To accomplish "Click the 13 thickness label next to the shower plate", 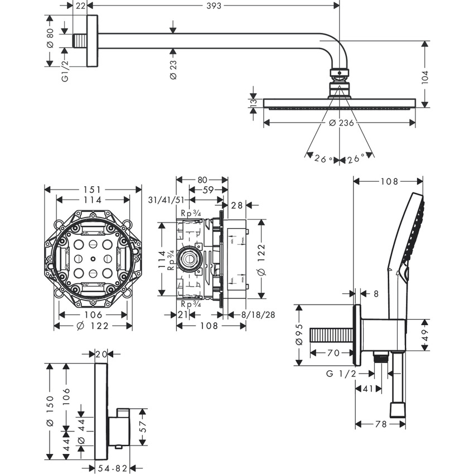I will pos(253,102).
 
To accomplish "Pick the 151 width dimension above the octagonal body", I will pos(93,190).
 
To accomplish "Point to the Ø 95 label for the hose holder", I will pos(299,335).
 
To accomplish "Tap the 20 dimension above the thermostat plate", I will pos(101,354).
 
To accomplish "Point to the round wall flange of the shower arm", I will pos(93,41).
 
